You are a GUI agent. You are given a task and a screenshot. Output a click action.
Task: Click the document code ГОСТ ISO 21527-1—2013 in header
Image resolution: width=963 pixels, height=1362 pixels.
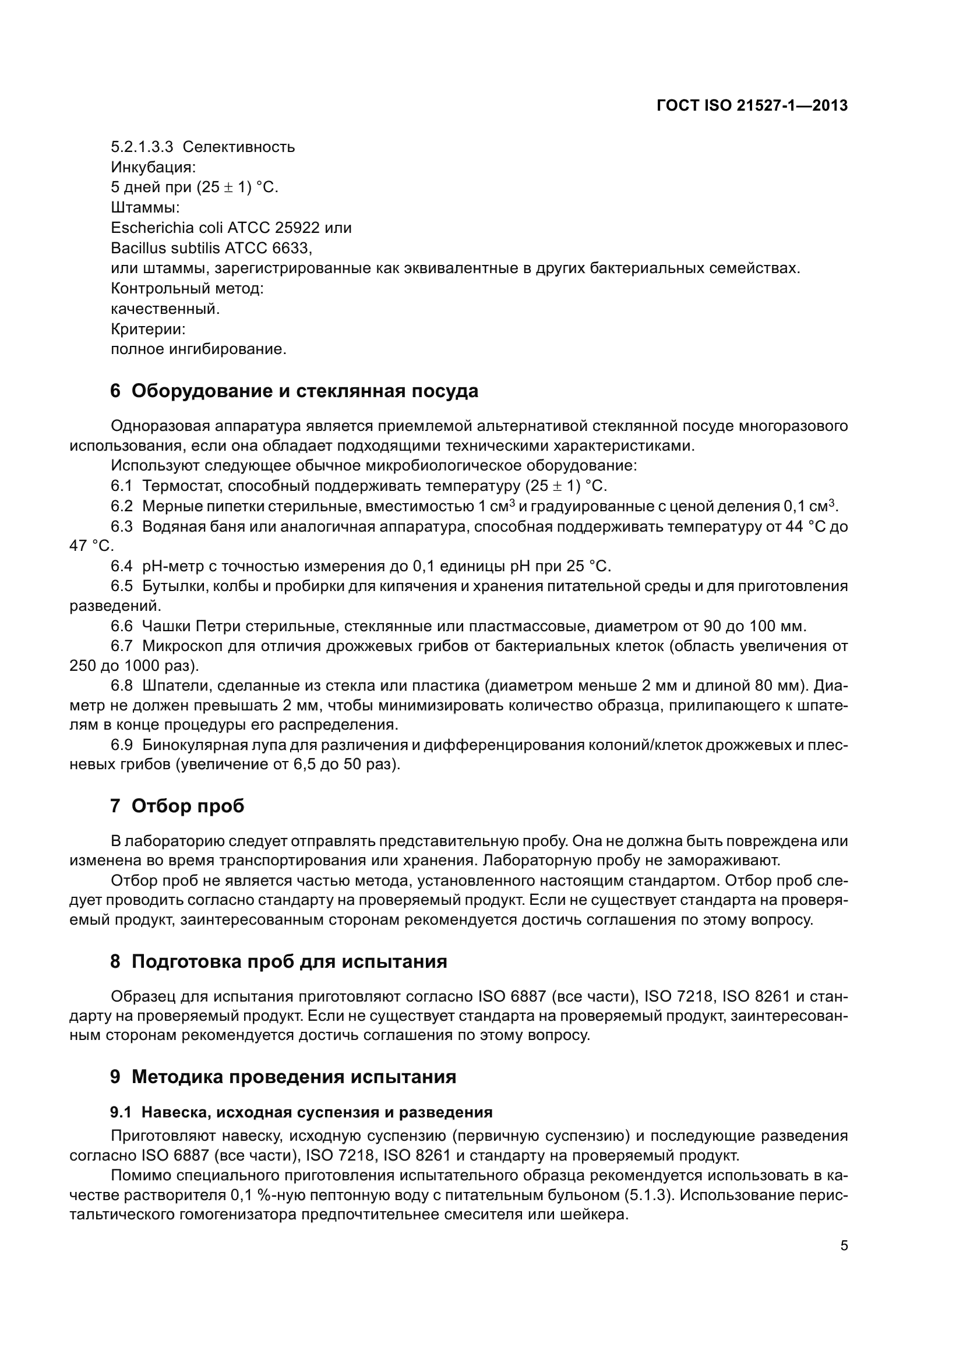coord(752,105)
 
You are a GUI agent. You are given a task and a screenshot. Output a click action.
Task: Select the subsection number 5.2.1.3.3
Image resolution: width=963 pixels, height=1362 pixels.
coord(142,147)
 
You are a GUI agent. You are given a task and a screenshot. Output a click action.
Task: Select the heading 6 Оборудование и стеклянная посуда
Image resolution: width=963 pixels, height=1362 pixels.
coord(294,391)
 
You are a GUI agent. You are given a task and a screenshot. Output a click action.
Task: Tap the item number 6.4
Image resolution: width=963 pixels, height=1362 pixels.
coord(122,566)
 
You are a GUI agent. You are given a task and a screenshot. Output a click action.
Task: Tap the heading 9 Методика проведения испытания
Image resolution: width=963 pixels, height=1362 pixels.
coord(283,1077)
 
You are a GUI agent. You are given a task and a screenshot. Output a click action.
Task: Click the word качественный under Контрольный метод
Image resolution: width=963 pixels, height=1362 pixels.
coord(165,309)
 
